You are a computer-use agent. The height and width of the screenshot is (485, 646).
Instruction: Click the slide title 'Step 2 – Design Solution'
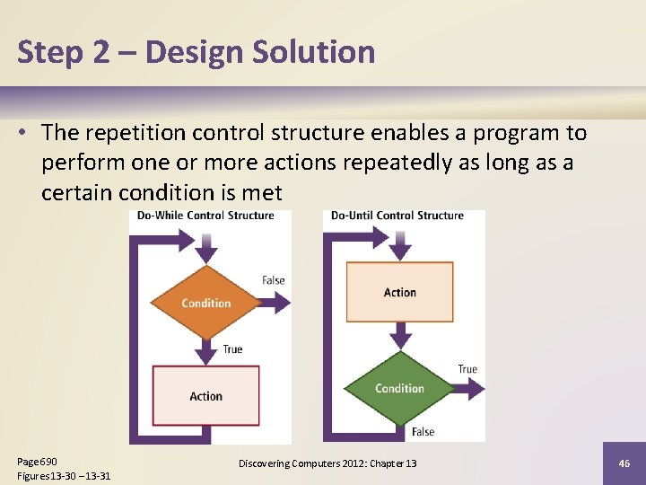click(x=196, y=52)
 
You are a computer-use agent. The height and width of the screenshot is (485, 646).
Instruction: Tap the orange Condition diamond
click(x=206, y=303)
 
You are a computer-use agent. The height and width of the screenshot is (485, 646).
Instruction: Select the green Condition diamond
click(x=399, y=388)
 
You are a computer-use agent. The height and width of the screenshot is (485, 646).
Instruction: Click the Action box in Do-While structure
click(x=206, y=396)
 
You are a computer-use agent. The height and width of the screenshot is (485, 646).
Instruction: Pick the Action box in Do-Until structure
click(x=399, y=292)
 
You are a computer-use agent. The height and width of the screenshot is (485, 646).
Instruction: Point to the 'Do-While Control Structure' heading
click(x=205, y=216)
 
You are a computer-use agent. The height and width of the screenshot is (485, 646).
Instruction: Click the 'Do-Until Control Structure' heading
click(x=397, y=216)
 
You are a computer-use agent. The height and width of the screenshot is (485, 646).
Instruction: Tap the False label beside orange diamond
click(x=274, y=280)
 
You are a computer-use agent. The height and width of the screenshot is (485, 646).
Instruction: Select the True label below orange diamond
click(x=232, y=348)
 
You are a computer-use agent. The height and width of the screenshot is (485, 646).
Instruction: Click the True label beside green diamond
click(x=467, y=369)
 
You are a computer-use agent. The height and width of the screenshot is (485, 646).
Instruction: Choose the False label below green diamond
click(x=423, y=432)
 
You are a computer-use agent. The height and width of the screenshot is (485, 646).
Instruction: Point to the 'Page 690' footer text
click(x=37, y=461)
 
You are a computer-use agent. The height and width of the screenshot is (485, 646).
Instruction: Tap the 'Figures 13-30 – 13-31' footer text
click(x=64, y=475)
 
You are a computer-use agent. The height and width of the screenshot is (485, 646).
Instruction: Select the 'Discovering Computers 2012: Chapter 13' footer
click(x=327, y=463)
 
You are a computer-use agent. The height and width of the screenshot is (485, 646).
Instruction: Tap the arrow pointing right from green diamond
click(x=468, y=388)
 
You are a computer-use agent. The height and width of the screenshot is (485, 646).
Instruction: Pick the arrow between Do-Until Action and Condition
click(x=400, y=337)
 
